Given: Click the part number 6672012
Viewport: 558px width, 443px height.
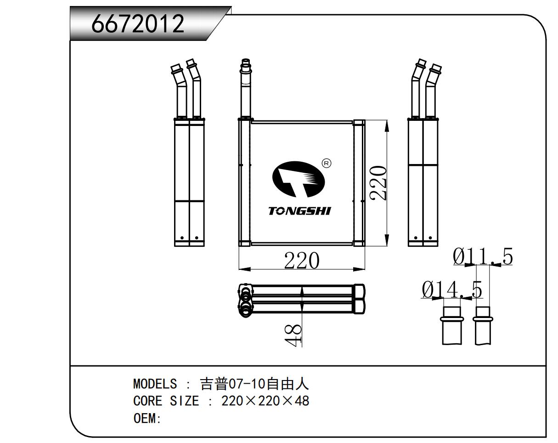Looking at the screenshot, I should [138, 24].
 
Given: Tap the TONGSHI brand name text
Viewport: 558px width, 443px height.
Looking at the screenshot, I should [299, 211].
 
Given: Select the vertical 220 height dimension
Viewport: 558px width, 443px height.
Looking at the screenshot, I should [378, 183].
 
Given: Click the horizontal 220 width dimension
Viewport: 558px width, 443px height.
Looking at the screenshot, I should [301, 261].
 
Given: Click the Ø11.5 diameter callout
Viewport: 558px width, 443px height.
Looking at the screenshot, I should [483, 257].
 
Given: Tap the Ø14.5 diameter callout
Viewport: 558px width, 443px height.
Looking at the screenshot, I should [452, 290].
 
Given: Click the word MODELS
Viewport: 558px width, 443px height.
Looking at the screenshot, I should [155, 383].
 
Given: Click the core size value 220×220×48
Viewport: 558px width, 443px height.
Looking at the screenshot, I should [265, 401].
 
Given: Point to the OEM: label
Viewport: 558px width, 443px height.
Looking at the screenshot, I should [147, 419].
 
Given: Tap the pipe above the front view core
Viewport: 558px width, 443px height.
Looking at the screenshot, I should [246, 90].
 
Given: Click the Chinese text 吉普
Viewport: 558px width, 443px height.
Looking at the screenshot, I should [214, 383].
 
